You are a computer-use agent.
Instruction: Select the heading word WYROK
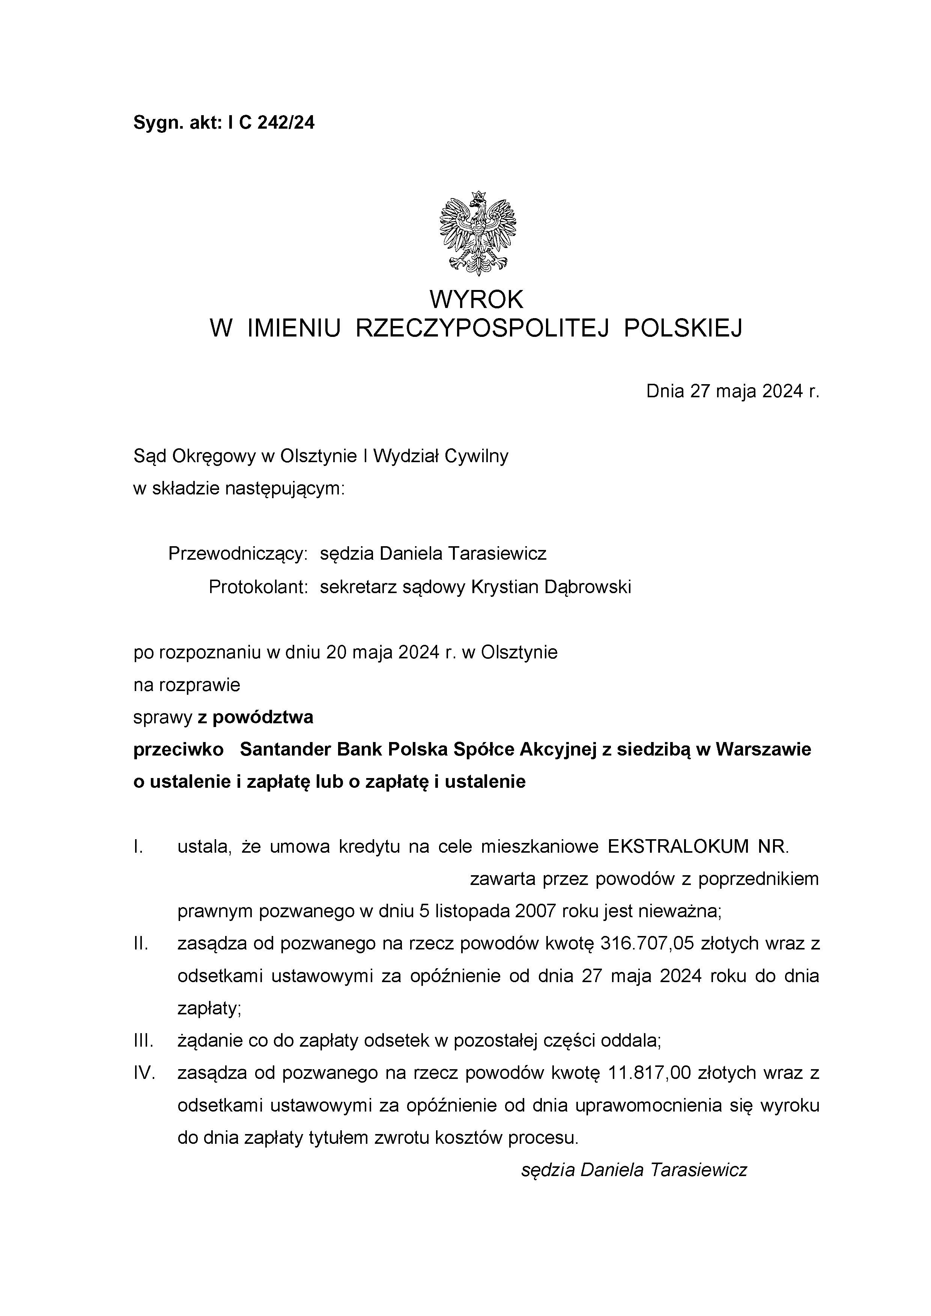[477, 299]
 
